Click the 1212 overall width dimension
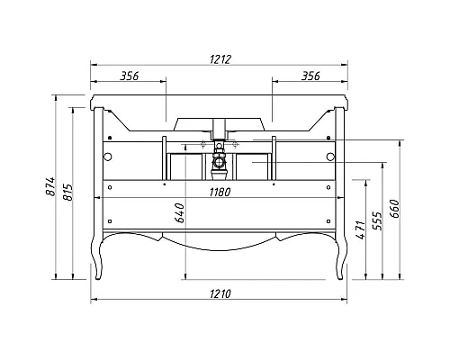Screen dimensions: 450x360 pyautogui.click(x=220, y=59)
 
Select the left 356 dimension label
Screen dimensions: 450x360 pyautogui.click(x=130, y=76)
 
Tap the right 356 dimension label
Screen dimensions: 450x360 pyautogui.click(x=310, y=76)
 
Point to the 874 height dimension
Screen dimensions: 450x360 pyautogui.click(x=50, y=186)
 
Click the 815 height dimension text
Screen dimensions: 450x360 pyautogui.click(x=67, y=193)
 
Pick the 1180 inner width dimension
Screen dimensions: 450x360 pyautogui.click(x=220, y=192)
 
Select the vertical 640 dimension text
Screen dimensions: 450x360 pyautogui.click(x=180, y=213)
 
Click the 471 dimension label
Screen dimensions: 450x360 pyautogui.click(x=361, y=229)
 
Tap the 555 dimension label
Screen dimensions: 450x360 pyautogui.click(x=378, y=220)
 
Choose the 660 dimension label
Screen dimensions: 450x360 pyautogui.click(x=395, y=209)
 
